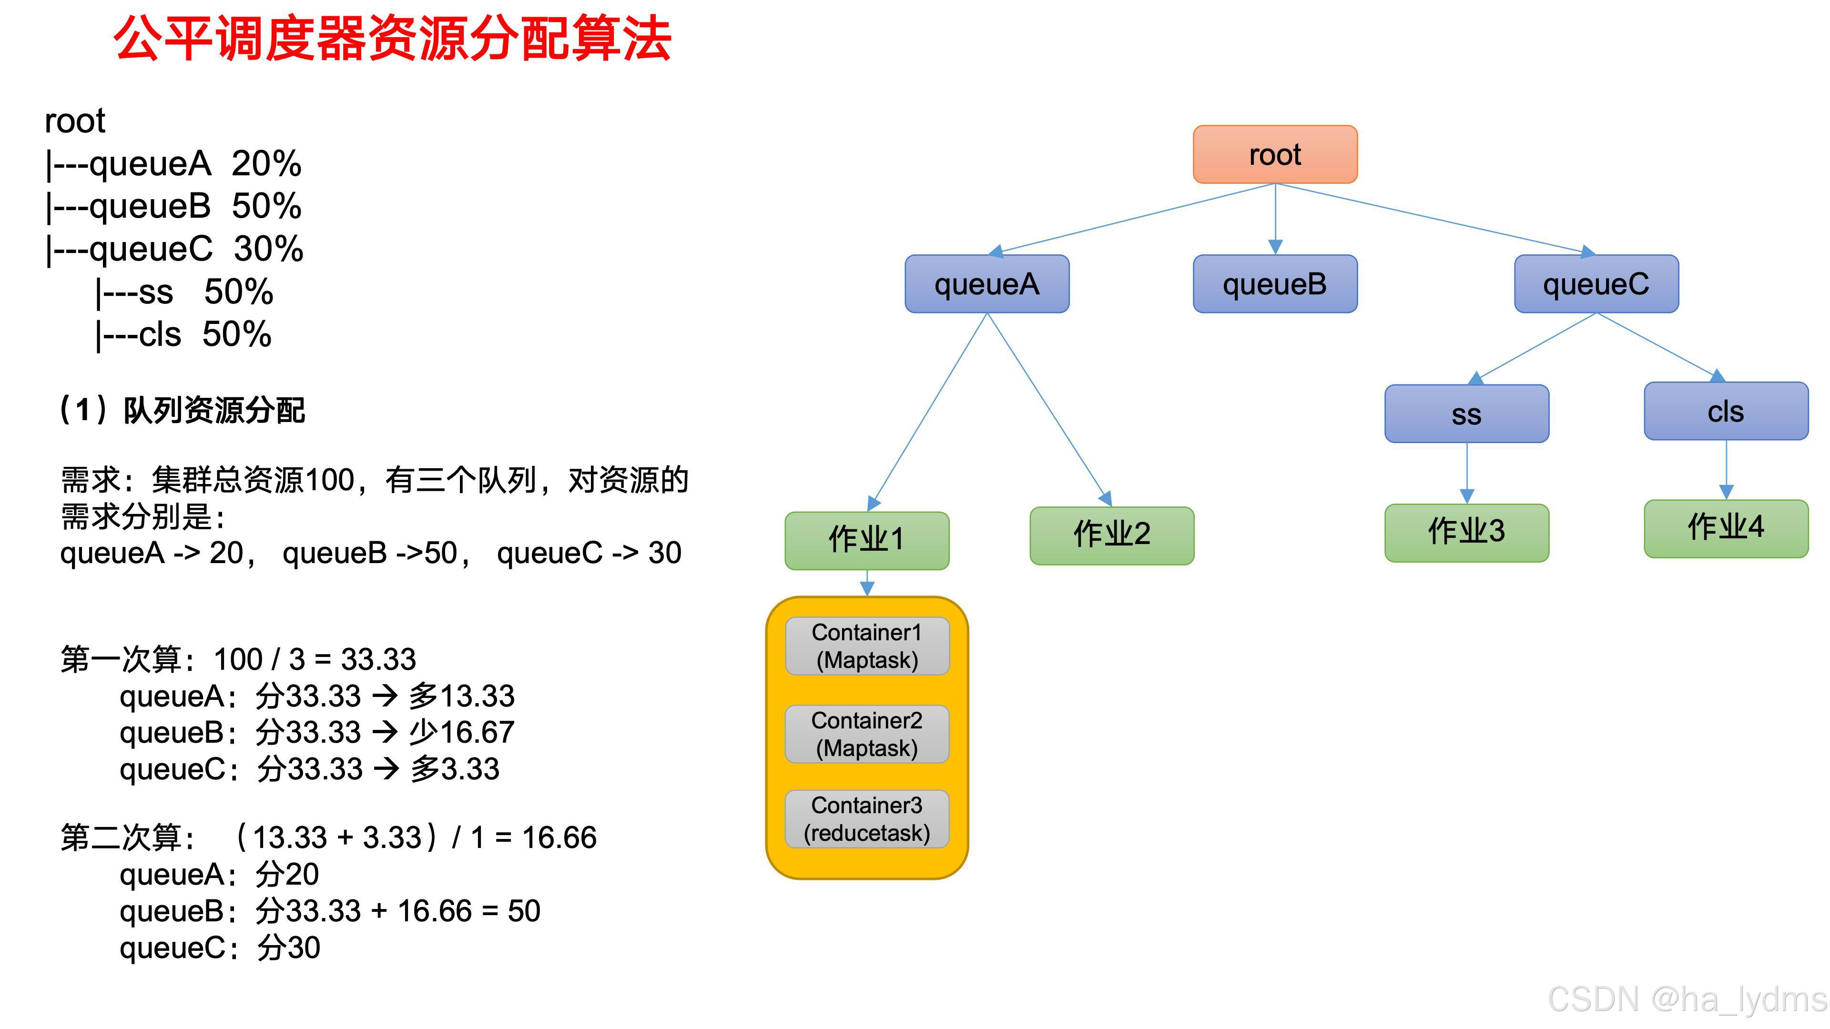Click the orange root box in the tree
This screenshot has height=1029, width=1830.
(1274, 154)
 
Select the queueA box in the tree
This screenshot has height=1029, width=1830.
(987, 284)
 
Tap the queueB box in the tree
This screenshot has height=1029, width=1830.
(1274, 284)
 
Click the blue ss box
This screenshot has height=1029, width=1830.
(1466, 414)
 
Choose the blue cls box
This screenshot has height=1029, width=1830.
(1726, 411)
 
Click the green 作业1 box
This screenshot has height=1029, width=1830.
(867, 540)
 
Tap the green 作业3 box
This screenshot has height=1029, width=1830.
(1466, 533)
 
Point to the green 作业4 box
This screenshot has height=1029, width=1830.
(1726, 528)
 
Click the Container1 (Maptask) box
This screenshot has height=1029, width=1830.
(867, 646)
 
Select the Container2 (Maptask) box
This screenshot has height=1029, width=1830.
(867, 734)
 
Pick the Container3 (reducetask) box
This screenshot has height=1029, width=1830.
(867, 819)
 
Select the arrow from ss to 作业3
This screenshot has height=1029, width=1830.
(1467, 472)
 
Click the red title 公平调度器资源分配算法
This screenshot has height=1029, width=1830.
(392, 39)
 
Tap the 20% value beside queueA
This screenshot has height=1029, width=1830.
(266, 164)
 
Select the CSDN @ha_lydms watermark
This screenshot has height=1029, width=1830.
(1687, 999)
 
